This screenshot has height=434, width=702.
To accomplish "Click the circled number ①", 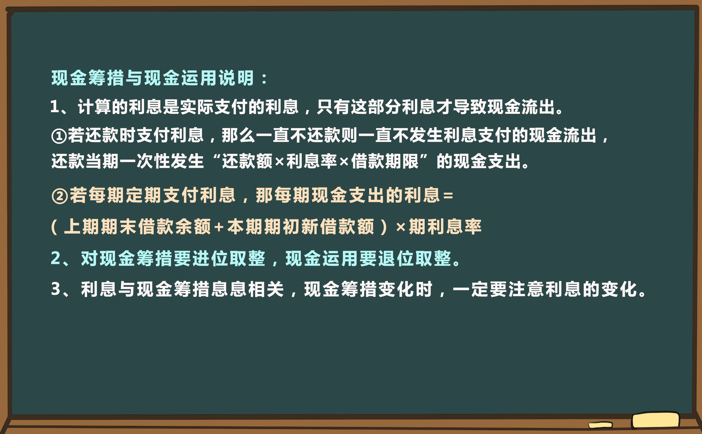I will pyautogui.click(x=59, y=136).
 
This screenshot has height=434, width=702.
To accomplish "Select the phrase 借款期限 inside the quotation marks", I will pyautogui.click(x=385, y=161).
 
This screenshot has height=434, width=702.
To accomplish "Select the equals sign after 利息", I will pyautogui.click(x=448, y=196).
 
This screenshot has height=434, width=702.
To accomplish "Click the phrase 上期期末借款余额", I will pyautogui.click(x=137, y=227).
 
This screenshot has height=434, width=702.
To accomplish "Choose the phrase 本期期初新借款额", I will pyautogui.click(x=301, y=227).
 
